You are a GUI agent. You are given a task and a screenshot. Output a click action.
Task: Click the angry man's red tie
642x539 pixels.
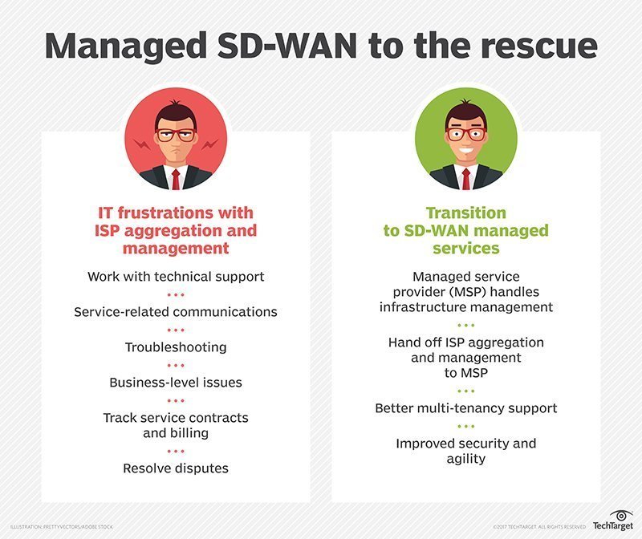(175, 179)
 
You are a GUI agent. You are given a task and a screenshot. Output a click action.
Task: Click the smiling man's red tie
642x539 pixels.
(465, 179)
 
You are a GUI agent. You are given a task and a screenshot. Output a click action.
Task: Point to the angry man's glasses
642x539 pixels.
(175, 134)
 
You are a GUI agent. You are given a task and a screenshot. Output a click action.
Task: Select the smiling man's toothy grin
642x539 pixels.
(465, 152)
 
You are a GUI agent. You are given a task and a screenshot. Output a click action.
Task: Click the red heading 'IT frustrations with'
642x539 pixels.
(175, 213)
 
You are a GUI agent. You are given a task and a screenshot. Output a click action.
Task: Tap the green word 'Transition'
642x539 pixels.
(465, 213)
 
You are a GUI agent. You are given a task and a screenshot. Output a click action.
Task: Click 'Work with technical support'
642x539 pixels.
(175, 276)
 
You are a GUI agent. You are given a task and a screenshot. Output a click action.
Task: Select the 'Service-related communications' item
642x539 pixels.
(175, 311)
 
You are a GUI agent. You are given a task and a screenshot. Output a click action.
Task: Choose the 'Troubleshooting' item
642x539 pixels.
(175, 346)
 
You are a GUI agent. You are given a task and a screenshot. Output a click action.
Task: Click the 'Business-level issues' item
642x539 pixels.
(175, 382)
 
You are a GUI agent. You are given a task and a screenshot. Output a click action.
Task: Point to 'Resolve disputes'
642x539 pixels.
(175, 467)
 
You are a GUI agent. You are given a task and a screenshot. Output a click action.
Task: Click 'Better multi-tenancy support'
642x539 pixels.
(465, 408)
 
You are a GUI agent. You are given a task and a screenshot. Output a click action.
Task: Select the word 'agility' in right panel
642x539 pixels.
(465, 458)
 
